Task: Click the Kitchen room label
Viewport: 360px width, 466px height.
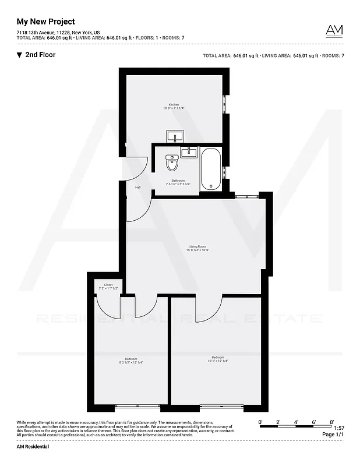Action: [x=174, y=104]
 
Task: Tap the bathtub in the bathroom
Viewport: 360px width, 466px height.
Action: [x=210, y=169]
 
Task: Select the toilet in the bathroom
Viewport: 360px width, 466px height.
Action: [x=172, y=163]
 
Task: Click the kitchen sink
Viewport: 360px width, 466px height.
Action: [x=175, y=137]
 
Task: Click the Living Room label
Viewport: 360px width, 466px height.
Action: [x=197, y=246]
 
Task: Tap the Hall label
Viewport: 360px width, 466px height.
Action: [x=138, y=188]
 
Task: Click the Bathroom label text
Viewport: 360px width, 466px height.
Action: [x=178, y=181]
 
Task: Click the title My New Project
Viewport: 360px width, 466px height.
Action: [x=45, y=22]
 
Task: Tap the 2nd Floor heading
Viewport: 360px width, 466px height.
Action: [x=41, y=55]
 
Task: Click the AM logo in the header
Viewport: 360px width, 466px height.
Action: [x=334, y=30]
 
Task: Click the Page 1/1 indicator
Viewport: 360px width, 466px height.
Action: [x=333, y=435]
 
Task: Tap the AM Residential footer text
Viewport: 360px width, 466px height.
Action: [x=33, y=446]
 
